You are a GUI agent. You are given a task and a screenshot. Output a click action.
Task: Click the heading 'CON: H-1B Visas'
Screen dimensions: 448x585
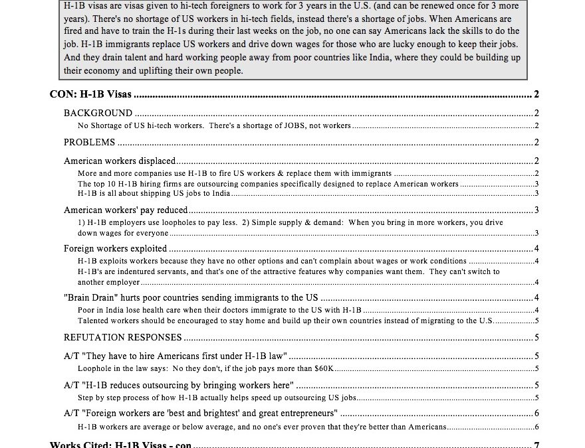pos(90,94)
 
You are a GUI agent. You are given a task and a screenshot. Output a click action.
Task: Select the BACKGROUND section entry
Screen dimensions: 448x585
pos(98,113)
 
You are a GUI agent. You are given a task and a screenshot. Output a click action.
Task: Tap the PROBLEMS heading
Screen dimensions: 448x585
pos(90,142)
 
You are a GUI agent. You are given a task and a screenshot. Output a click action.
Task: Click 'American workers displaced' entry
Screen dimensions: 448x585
pos(120,161)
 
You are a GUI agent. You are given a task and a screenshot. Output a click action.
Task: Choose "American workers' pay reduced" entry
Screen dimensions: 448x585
pos(126,210)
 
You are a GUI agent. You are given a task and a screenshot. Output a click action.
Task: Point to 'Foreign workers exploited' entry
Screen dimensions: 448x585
pos(116,249)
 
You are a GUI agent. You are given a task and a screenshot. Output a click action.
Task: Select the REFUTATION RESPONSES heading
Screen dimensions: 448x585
pos(123,337)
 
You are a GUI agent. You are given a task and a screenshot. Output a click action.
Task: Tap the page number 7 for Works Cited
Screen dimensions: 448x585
pos(536,444)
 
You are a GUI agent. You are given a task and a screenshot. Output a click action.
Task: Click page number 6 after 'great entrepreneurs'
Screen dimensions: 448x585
pos(536,413)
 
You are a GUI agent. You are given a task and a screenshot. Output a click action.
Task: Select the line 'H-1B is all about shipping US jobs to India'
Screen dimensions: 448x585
pos(154,193)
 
